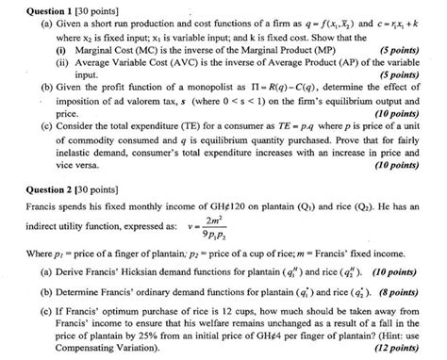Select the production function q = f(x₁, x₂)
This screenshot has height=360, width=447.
(290, 23)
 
